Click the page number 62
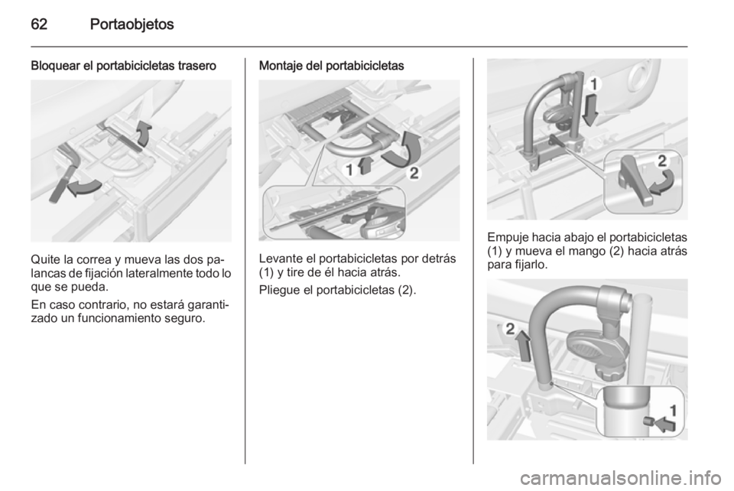coord(39,24)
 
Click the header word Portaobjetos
coord(132,24)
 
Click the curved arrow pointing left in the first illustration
coord(83,187)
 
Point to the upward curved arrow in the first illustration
coord(145,132)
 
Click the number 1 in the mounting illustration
coord(349,171)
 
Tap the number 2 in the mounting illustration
coord(414,174)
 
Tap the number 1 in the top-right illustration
coord(593,85)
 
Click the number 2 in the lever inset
coord(661,161)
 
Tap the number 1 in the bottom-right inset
coord(673,411)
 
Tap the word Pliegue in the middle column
coord(280,291)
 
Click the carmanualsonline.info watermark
coord(620,478)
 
